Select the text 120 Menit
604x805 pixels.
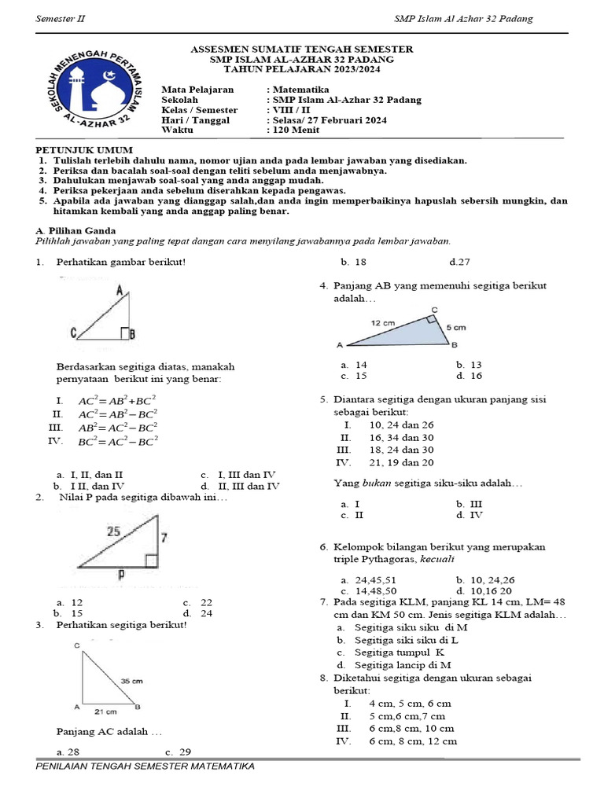click(x=294, y=130)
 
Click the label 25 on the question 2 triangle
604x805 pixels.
click(x=114, y=531)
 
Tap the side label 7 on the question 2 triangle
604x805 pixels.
click(x=164, y=538)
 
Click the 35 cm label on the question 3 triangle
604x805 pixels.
click(x=131, y=681)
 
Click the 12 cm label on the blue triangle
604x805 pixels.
click(x=385, y=322)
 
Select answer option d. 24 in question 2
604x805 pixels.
click(x=197, y=613)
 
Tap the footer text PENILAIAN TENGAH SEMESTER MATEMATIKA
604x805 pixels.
click(x=145, y=766)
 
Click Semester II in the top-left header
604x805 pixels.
click(x=61, y=19)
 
